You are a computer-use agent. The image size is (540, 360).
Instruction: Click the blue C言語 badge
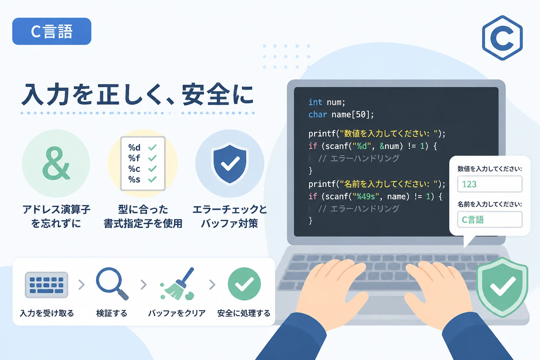tap(52, 31)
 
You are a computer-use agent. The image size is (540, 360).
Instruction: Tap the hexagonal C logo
tap(502, 38)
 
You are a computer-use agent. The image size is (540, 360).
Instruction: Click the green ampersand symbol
tap(56, 163)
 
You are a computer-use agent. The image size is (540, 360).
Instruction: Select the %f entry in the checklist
tap(134, 158)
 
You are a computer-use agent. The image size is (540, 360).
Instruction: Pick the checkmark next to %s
tap(152, 179)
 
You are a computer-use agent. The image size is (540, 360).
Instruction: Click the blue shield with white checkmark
tap(230, 163)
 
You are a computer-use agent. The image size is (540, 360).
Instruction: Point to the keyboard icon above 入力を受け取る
tap(46, 285)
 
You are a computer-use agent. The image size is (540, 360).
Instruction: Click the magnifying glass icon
tap(112, 284)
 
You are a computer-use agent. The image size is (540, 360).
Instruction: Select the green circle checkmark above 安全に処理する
tap(244, 284)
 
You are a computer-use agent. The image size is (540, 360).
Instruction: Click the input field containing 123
tap(490, 184)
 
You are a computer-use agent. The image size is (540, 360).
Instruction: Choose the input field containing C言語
tap(490, 219)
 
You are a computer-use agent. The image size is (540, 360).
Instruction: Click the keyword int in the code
tap(315, 102)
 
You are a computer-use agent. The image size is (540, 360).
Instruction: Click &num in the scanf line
tap(389, 146)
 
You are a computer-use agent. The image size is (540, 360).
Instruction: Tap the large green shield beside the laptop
tap(502, 287)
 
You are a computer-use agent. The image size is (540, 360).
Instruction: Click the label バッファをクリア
tap(177, 313)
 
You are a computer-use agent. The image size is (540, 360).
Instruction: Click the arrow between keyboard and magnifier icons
tap(82, 284)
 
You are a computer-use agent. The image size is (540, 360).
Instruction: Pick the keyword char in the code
tap(317, 114)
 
